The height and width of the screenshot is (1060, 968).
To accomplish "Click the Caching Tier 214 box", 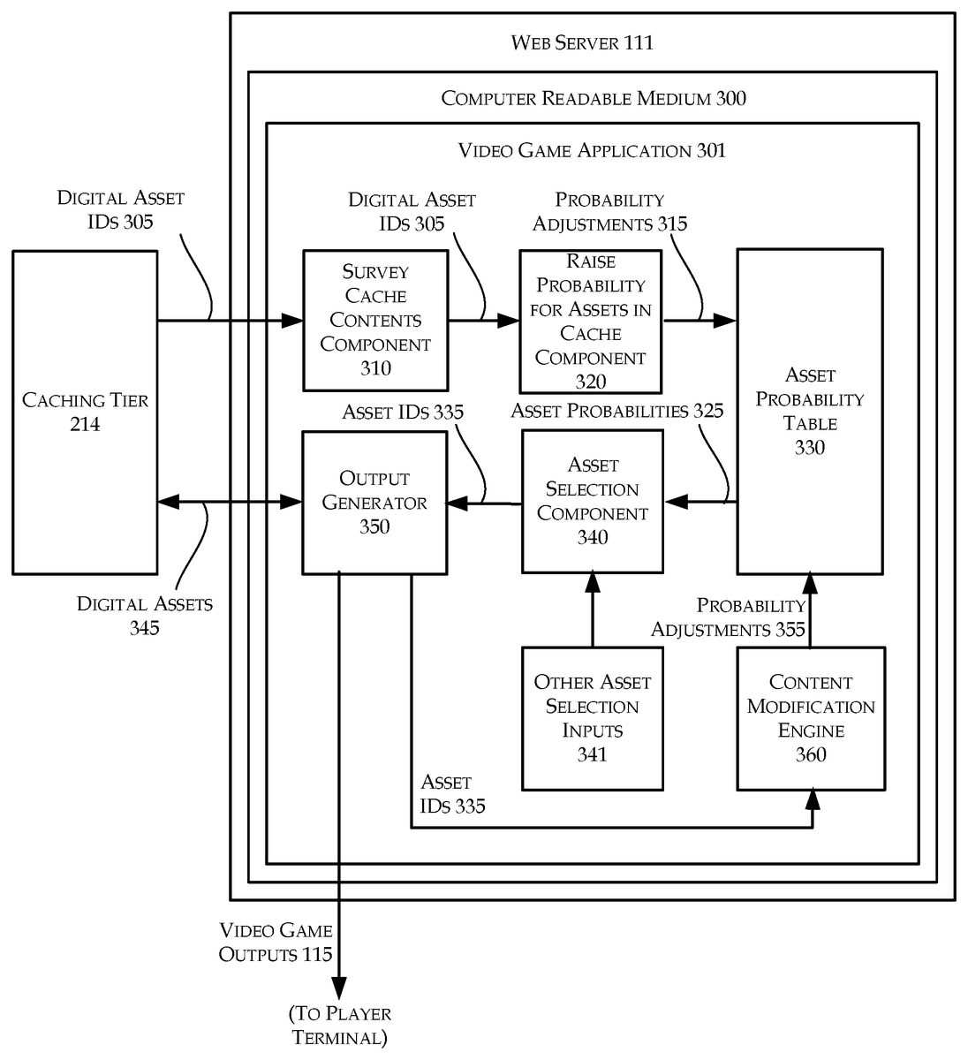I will [85, 413].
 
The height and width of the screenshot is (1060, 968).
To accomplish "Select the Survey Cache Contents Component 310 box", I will [375, 321].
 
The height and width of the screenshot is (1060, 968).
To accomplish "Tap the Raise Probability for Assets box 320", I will [591, 322].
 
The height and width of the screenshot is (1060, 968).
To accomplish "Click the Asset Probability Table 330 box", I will [810, 412].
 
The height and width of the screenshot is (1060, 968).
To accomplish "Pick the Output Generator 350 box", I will [374, 502].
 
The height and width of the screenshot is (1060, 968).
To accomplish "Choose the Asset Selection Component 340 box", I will [593, 501].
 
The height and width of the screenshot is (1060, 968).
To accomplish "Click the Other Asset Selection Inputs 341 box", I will [593, 718].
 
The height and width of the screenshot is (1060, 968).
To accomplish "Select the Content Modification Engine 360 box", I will [811, 718].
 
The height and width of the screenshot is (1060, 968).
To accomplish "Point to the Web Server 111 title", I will [583, 42].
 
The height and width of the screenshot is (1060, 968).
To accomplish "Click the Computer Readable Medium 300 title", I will [594, 98].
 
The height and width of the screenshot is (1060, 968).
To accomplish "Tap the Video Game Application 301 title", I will [592, 150].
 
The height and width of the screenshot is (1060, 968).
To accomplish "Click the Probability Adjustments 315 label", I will [609, 212].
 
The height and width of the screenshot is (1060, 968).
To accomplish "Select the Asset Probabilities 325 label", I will [616, 411].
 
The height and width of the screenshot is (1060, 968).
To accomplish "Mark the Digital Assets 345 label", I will [145, 616].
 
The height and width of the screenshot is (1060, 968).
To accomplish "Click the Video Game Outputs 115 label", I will [276, 942].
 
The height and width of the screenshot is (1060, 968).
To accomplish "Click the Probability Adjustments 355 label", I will [729, 617].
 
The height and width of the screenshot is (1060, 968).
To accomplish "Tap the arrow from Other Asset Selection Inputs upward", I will [592, 609].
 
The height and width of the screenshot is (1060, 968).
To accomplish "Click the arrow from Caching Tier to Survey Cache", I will [230, 321].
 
